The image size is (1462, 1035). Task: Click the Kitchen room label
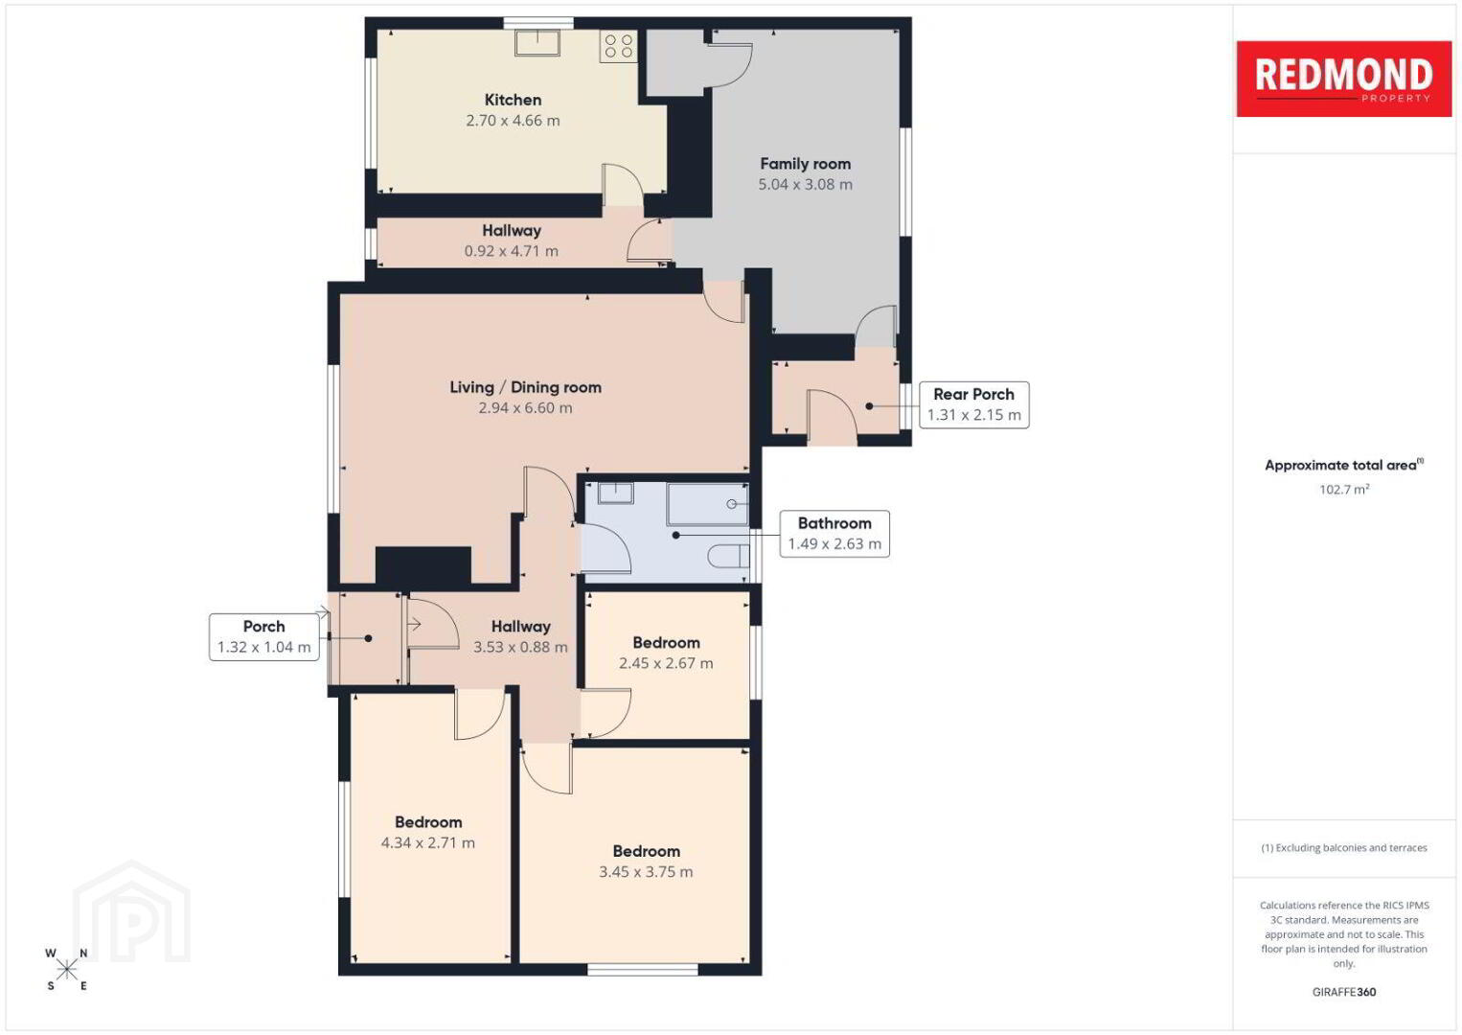513,100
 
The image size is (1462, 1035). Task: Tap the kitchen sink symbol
537,42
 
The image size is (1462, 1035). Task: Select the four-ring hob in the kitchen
618,46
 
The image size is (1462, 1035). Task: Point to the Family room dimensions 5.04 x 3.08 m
805,184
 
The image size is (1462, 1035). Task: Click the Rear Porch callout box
973,404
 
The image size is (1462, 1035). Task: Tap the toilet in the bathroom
729,557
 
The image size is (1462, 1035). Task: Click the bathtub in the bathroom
707,504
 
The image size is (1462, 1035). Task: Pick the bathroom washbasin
615,493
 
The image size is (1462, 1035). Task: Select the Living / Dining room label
525,387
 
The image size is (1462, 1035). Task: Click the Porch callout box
263,637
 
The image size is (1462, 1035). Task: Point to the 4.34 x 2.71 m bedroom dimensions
427,842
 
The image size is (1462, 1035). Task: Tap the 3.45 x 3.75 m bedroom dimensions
646,872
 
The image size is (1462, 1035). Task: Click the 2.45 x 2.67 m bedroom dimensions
666,663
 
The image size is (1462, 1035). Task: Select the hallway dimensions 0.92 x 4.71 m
511,251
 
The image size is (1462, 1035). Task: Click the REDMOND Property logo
1344,79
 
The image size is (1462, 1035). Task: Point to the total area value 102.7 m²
1344,489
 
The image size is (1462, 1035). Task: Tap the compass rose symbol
66,970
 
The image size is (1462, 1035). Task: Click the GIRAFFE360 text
1344,992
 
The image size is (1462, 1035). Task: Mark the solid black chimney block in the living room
423,564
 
